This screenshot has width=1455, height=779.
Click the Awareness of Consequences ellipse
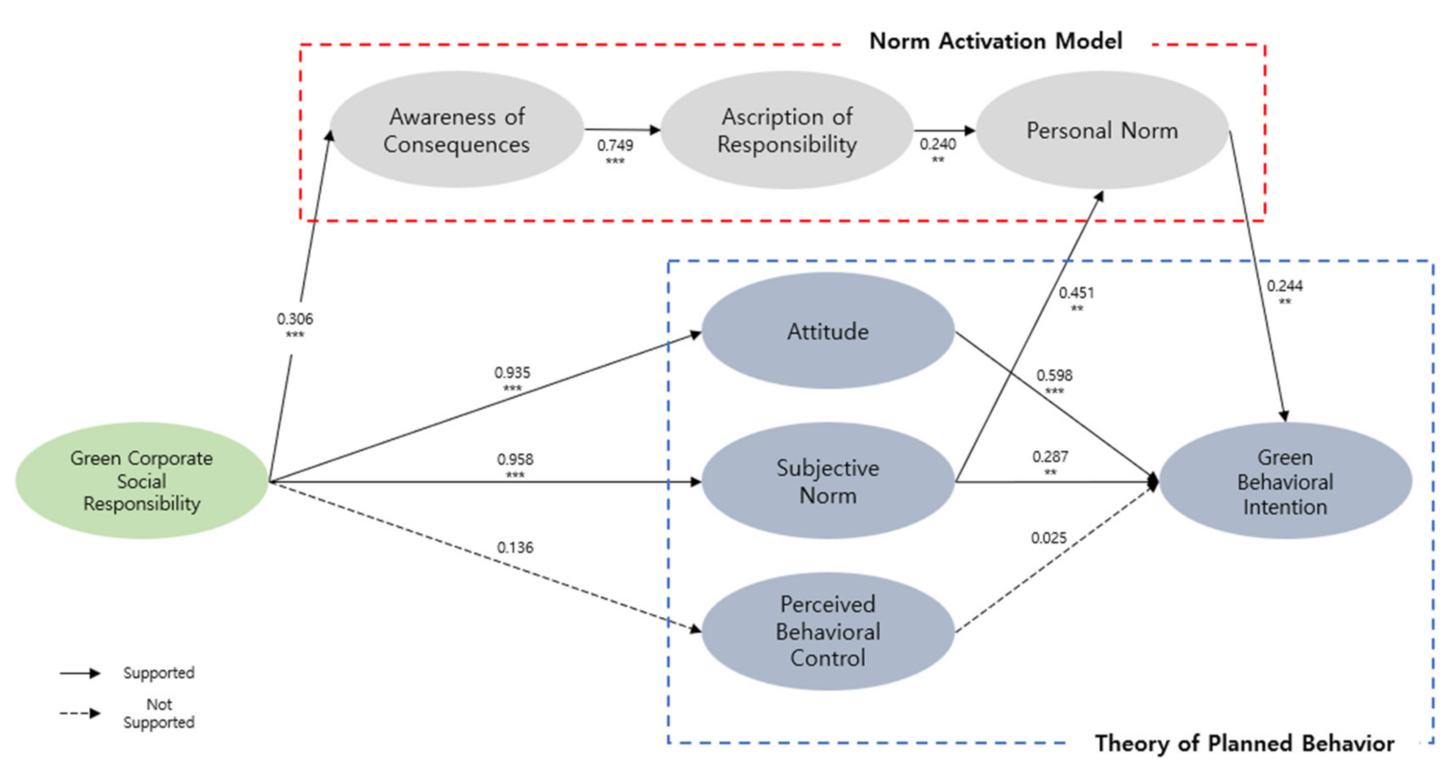(457, 130)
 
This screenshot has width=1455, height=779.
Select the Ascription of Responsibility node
(787, 130)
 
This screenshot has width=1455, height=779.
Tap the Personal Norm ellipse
(1102, 130)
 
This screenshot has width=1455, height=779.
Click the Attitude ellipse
(828, 331)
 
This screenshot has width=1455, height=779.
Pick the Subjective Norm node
(828, 481)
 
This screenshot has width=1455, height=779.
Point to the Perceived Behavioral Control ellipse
(828, 630)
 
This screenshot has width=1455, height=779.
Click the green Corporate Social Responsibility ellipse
(142, 480)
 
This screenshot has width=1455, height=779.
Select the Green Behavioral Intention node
(1284, 481)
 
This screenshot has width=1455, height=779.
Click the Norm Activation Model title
(995, 41)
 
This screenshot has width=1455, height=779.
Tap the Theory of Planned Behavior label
(1244, 743)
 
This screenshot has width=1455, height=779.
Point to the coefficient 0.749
(615, 145)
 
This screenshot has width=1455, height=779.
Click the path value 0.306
(295, 319)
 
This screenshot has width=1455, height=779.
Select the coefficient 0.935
(512, 373)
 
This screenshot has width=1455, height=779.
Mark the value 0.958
(515, 459)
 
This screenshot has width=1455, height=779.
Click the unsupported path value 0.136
(515, 547)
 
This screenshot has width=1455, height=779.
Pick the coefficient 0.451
(1076, 293)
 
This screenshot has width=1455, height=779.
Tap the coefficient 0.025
(1048, 538)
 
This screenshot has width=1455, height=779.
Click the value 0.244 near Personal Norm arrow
(1284, 286)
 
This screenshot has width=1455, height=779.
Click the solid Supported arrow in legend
(81, 673)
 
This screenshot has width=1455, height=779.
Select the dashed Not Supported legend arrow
(81, 713)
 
